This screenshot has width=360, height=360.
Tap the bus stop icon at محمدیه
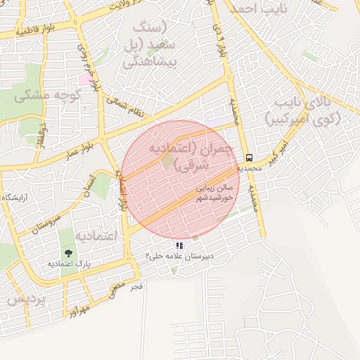coord(249,157)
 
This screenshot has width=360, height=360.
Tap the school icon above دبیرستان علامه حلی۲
coord(179,246)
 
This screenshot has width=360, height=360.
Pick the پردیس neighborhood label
coord(25,299)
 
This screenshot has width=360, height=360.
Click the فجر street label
coord(136,286)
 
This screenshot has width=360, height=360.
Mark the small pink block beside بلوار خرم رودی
coord(84,79)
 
